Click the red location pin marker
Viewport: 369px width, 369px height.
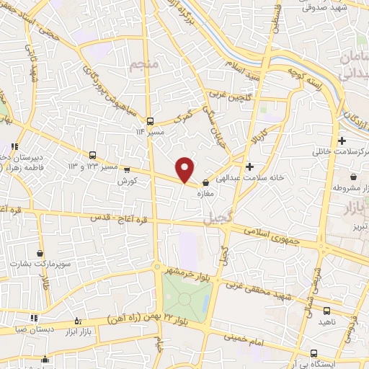186,169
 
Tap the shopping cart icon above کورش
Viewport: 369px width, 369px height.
127,171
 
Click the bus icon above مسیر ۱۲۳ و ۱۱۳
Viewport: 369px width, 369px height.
92,155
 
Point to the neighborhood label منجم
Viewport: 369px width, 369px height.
143,67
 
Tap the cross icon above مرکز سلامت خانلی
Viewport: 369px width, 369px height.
342,140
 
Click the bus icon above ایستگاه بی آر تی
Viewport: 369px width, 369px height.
314,352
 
